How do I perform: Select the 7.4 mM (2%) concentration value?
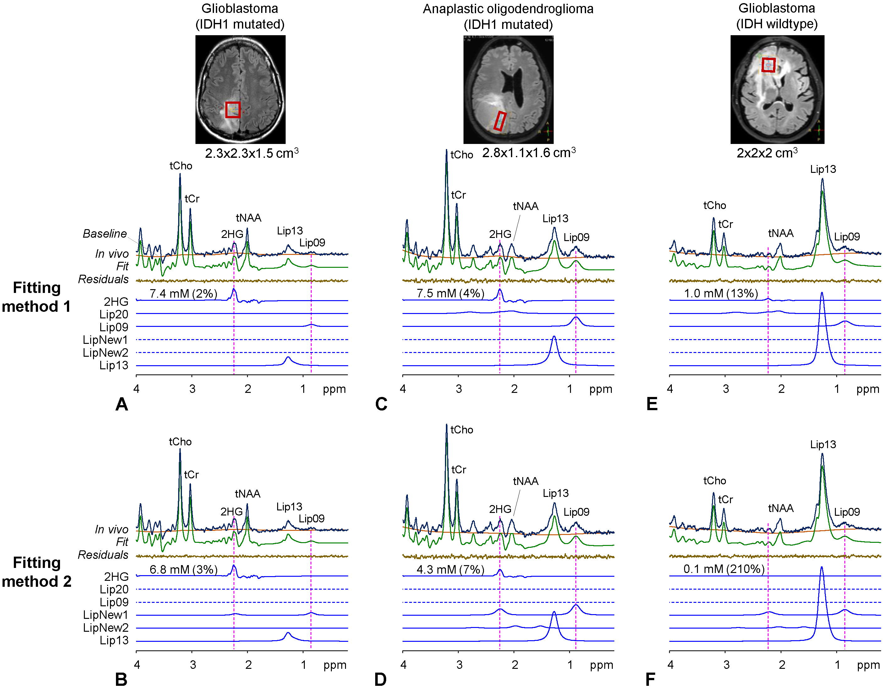click(x=183, y=294)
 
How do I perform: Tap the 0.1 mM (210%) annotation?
click(x=724, y=569)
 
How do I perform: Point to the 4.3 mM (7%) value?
click(x=450, y=570)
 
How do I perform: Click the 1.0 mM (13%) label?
click(x=721, y=293)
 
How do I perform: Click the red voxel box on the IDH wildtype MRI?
click(x=769, y=65)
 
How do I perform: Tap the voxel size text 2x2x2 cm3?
click(x=767, y=153)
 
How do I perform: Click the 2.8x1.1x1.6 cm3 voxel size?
click(x=529, y=153)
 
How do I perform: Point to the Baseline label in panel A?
click(x=105, y=234)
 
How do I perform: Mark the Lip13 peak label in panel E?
click(x=823, y=169)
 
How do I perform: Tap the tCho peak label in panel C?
click(x=462, y=155)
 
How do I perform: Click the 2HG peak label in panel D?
click(x=500, y=509)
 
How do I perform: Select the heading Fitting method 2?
click(x=37, y=572)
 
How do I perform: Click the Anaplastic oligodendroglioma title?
click(x=508, y=9)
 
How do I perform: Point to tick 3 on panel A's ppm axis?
click(x=192, y=389)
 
